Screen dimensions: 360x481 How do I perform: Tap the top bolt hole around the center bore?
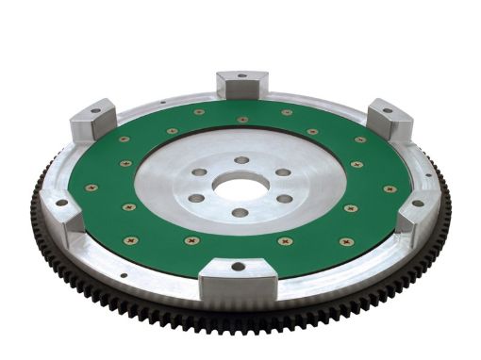click(x=242, y=159)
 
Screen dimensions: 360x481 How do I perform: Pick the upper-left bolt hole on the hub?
click(x=201, y=172)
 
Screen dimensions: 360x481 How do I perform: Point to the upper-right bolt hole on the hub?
click(x=282, y=172)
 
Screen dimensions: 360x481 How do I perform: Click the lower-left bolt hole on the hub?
click(x=195, y=198)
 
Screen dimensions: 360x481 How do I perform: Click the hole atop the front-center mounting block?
click(x=237, y=267)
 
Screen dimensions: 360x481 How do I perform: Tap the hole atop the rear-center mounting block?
click(x=242, y=75)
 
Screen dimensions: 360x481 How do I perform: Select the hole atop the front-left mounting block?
click(x=62, y=201)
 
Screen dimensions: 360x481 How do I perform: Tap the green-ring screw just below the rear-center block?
click(x=242, y=120)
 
